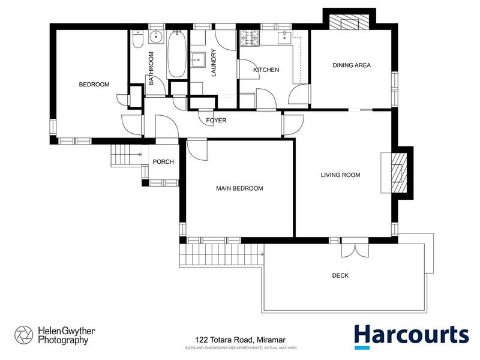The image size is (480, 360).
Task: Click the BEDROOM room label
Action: pos(94,85)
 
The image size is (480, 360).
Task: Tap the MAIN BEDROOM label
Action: pos(239,188)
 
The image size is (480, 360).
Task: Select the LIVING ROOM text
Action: pos(340,175)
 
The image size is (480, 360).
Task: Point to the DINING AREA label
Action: pos(352,65)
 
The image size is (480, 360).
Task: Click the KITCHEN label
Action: pos(266,70)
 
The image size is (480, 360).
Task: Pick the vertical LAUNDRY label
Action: pos(213,63)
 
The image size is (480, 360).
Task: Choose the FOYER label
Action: pos(216,121)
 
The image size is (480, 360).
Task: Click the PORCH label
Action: pos(163,162)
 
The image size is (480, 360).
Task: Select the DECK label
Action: pos(340,276)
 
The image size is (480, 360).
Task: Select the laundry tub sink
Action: pos(199,59)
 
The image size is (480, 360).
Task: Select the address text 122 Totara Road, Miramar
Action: pos(239,339)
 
